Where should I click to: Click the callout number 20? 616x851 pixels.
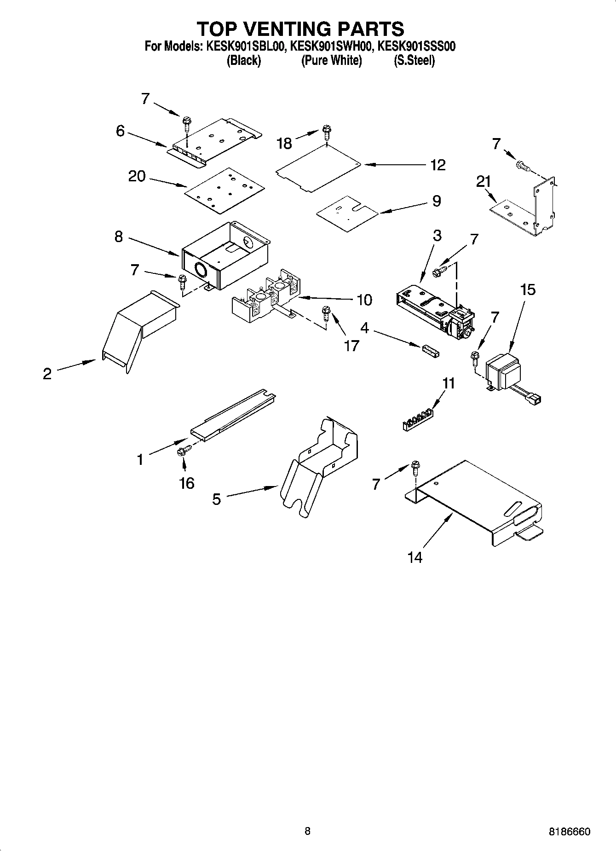137,176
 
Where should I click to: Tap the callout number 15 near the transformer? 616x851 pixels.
528,290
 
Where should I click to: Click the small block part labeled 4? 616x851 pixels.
429,352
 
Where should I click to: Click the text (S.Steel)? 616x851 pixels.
414,60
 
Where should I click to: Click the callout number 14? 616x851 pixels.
415,557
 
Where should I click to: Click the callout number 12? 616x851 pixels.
438,165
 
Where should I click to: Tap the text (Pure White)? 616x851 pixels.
331,60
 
